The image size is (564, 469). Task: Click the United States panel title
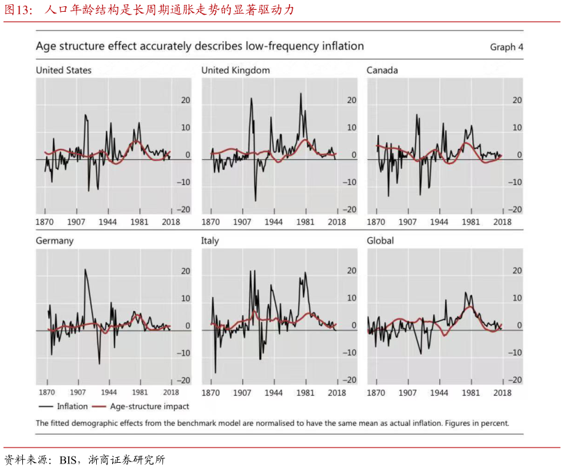(x=63, y=70)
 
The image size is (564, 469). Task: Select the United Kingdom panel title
(x=235, y=70)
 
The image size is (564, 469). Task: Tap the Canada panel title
(x=382, y=70)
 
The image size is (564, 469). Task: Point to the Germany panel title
(x=54, y=241)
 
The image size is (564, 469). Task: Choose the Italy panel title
(x=210, y=241)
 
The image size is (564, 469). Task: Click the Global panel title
(x=380, y=241)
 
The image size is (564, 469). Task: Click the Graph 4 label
(x=506, y=47)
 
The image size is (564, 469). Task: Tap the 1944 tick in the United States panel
(x=108, y=222)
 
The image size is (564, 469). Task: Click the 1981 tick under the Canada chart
(x=471, y=222)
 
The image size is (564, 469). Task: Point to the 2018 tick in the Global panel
(x=502, y=392)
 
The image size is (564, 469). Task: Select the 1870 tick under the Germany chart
(x=47, y=392)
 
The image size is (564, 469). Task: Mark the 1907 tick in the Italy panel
(x=242, y=392)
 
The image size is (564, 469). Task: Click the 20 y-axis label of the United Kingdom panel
(x=352, y=100)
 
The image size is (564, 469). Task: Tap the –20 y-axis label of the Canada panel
(x=515, y=209)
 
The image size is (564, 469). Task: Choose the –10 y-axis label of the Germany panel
(x=184, y=353)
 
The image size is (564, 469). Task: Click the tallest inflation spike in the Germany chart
(x=85, y=270)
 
